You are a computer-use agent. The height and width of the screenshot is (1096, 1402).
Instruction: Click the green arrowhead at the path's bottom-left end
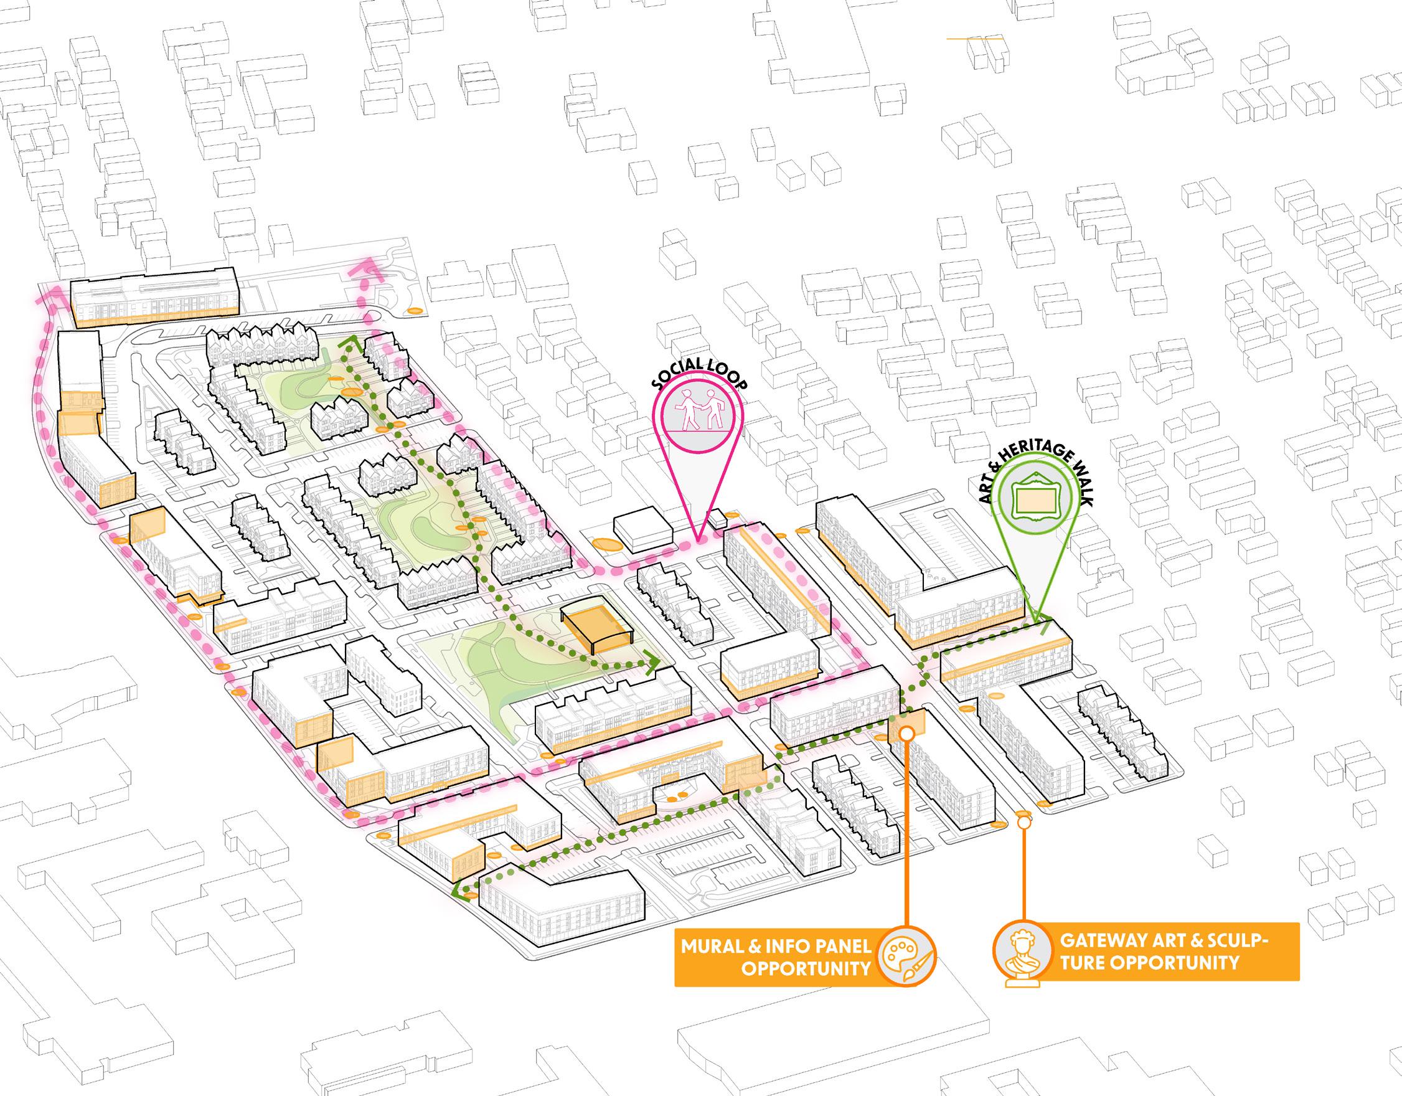click(456, 889)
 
